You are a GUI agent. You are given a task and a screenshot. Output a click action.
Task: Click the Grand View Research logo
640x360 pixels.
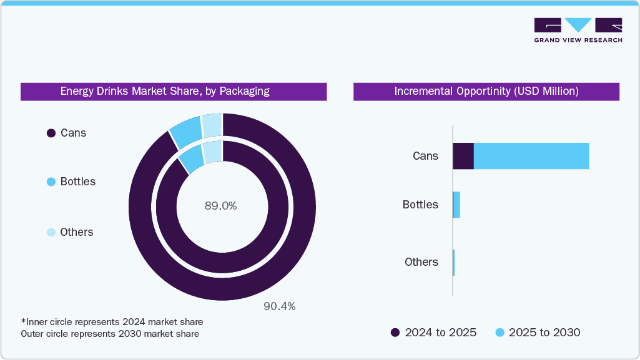pyautogui.click(x=578, y=30)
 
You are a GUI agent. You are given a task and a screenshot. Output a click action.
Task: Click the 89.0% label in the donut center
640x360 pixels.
pyautogui.click(x=220, y=205)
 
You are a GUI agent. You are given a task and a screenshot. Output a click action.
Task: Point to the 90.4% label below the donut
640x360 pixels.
pyautogui.click(x=278, y=306)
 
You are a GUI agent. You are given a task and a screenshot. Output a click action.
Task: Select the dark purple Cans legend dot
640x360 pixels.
pyautogui.click(x=51, y=133)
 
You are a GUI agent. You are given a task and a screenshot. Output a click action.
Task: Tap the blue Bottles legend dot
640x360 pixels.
pyautogui.click(x=51, y=182)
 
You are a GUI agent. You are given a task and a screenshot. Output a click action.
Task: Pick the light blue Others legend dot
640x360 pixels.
pyautogui.click(x=51, y=232)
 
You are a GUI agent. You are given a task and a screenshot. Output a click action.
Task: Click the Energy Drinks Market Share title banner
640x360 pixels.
pyautogui.click(x=173, y=91)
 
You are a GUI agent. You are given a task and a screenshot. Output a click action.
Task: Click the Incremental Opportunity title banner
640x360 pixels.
pyautogui.click(x=486, y=91)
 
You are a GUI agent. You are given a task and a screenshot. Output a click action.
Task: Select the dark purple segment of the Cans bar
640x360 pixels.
pyautogui.click(x=463, y=156)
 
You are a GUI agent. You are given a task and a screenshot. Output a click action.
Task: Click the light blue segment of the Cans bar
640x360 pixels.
pyautogui.click(x=531, y=156)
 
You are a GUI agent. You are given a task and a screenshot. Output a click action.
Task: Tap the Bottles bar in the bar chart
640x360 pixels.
pyautogui.click(x=456, y=205)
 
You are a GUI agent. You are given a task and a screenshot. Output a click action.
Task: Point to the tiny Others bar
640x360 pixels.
pyautogui.click(x=453, y=262)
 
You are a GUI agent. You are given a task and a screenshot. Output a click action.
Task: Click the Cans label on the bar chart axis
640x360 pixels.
pyautogui.click(x=425, y=156)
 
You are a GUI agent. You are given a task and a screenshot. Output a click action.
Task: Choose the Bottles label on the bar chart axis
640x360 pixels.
pyautogui.click(x=420, y=205)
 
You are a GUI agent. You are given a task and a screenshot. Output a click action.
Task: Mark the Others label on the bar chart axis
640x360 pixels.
pyautogui.click(x=421, y=262)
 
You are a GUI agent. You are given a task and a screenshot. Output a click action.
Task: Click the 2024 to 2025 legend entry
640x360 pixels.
pyautogui.click(x=433, y=333)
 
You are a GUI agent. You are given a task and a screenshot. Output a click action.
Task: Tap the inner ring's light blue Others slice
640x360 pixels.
pyautogui.click(x=213, y=152)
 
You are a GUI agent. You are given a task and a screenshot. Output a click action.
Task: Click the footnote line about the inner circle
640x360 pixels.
pyautogui.click(x=112, y=322)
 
